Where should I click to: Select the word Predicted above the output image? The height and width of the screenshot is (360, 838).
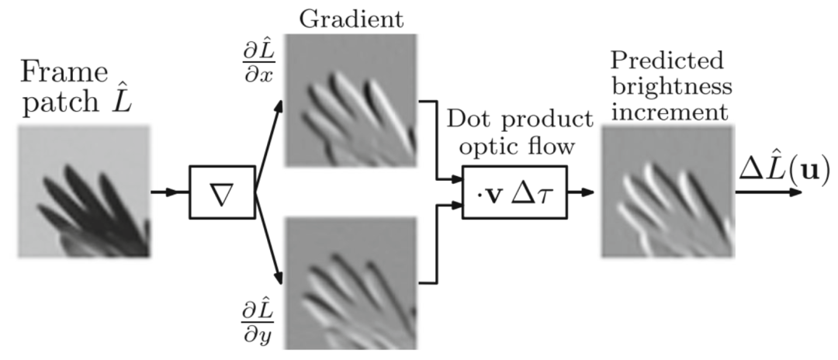pos(665,60)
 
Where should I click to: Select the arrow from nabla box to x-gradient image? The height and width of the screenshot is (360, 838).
pos(268,147)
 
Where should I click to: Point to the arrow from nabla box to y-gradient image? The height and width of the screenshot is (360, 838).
pos(268,237)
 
